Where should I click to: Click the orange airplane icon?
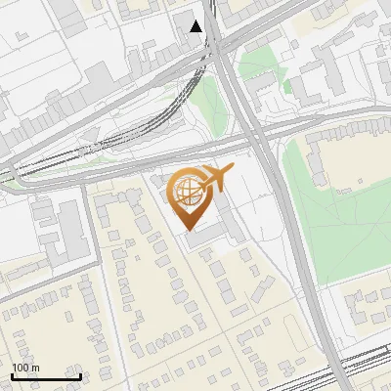pos(215,179)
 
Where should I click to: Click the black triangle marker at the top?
pos(196,26)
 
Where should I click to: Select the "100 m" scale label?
pos(25,368)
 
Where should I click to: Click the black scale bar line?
pos(46,375)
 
